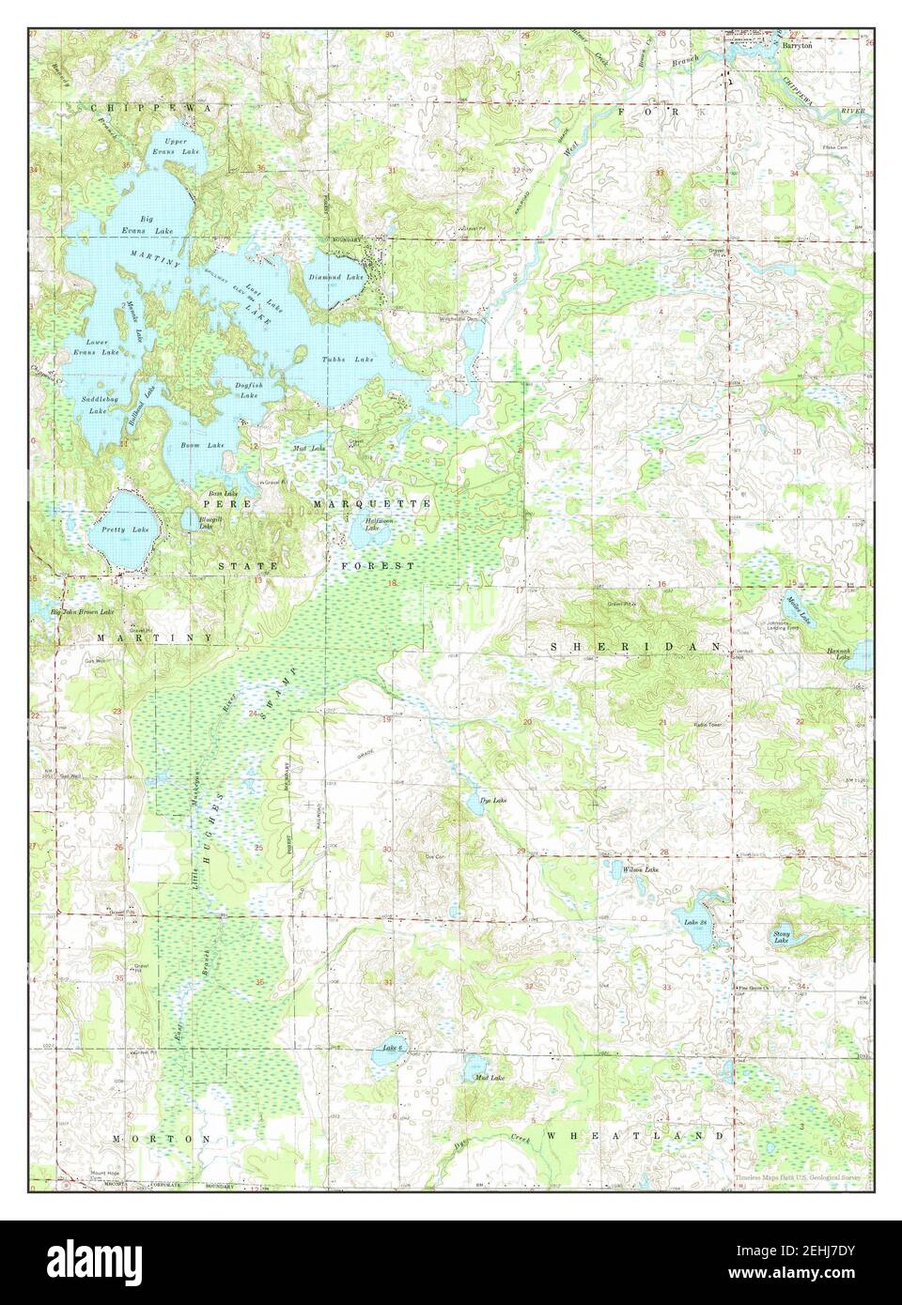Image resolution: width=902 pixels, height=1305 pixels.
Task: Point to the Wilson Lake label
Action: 640,870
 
